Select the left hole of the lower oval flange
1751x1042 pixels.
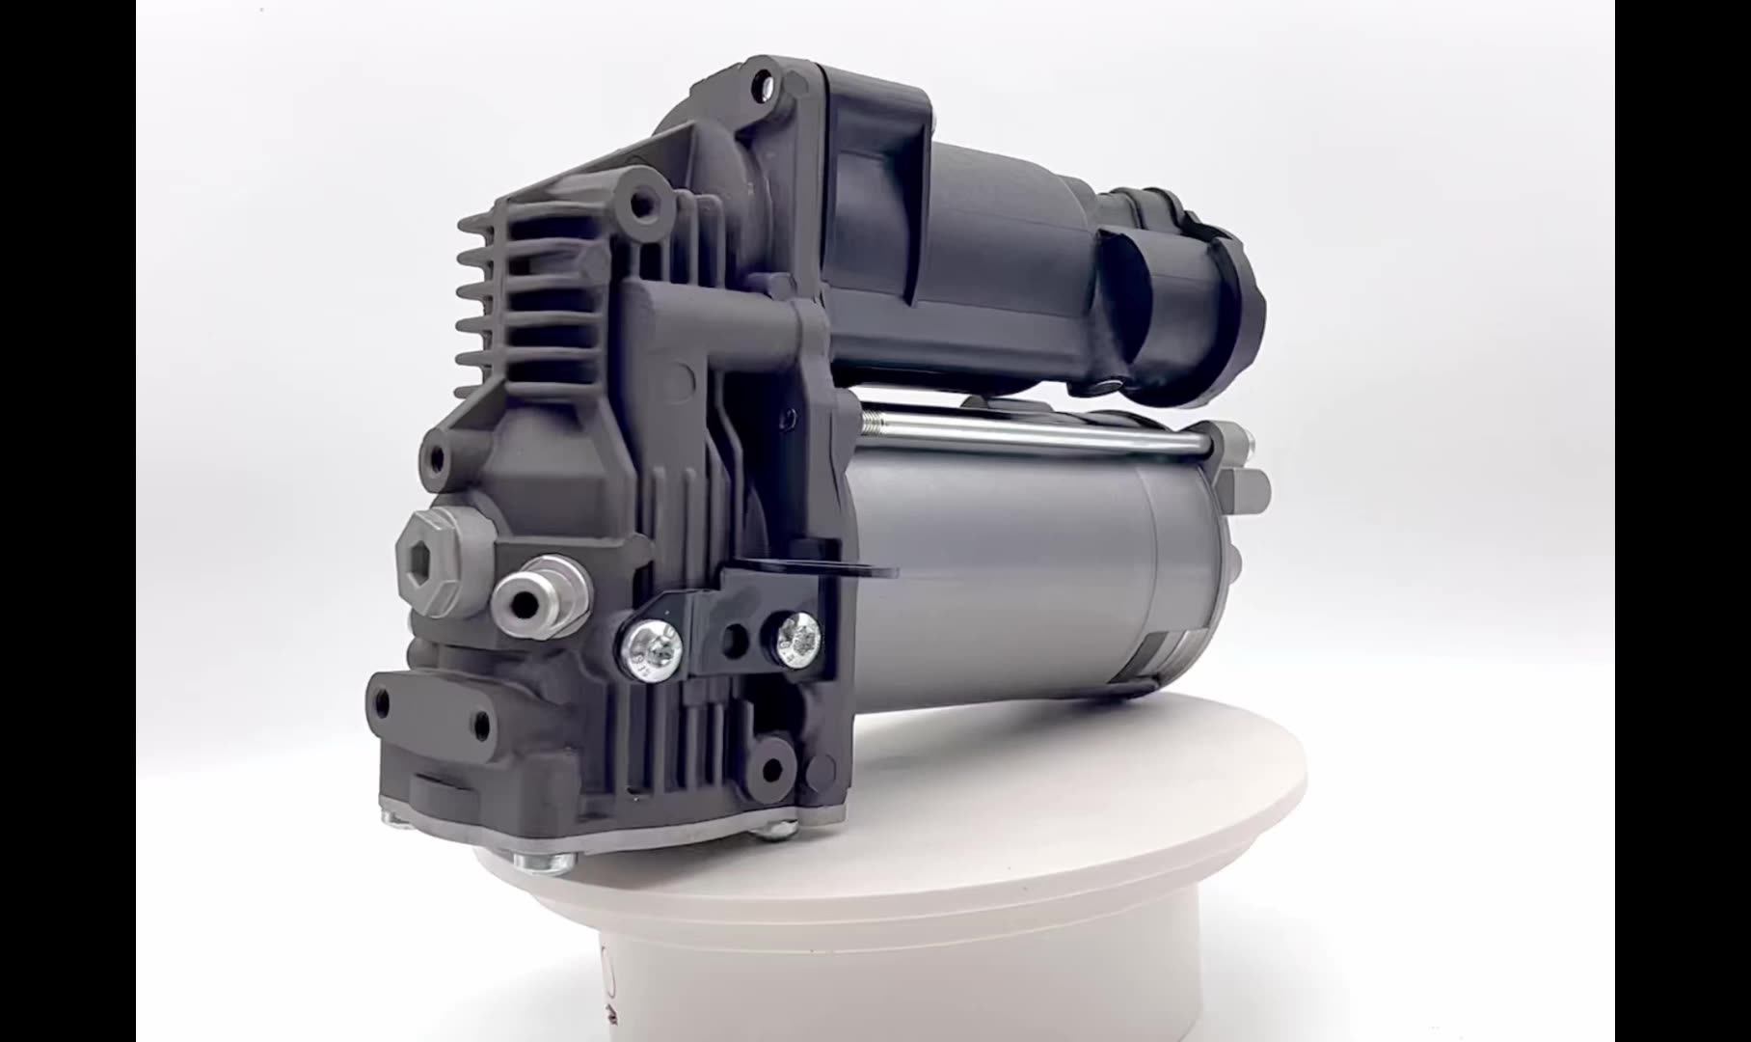pos(385,698)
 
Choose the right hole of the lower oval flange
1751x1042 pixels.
pos(478,725)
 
